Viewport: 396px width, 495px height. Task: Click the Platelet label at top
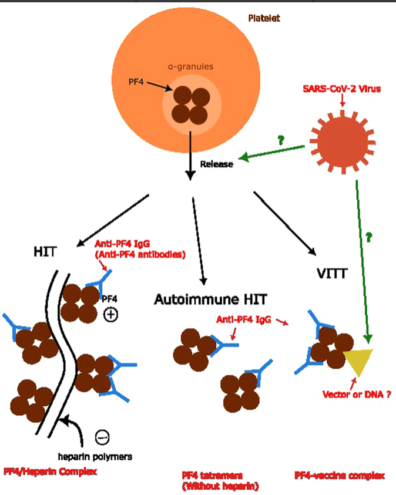(x=264, y=18)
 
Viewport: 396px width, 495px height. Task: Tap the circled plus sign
(x=111, y=315)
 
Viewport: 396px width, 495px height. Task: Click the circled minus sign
(x=102, y=437)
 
